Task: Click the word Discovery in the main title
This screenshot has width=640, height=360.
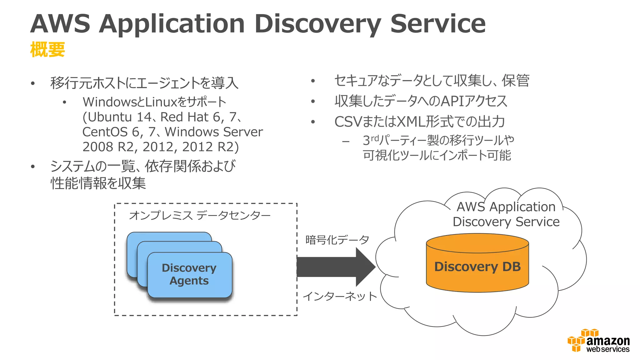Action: [x=317, y=24]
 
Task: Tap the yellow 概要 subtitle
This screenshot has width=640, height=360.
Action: [x=47, y=50]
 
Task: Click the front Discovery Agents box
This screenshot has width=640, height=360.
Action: [x=189, y=275]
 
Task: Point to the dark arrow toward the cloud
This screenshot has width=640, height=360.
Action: [x=334, y=267]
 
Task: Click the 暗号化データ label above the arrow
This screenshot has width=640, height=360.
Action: [x=337, y=240]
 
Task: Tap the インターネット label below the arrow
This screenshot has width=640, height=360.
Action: [x=340, y=296]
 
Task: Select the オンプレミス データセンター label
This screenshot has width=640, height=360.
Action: [x=200, y=215]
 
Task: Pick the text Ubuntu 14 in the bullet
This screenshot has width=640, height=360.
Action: [x=119, y=117]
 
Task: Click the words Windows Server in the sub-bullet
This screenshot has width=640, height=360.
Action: [x=214, y=132]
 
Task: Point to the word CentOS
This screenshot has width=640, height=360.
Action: [x=105, y=132]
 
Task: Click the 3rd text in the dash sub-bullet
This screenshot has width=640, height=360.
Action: [x=370, y=140]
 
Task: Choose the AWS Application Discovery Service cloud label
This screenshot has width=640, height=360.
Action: [x=506, y=214]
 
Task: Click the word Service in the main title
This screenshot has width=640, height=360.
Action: [x=438, y=24]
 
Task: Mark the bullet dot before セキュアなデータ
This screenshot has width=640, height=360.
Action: [x=313, y=81]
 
